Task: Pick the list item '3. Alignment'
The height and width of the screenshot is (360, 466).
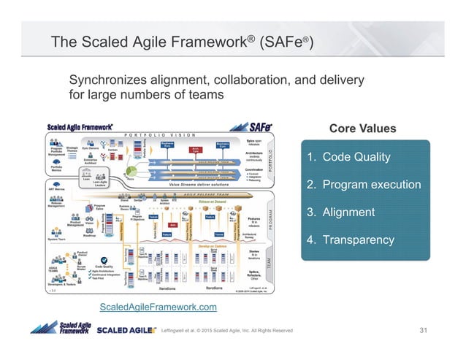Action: [x=340, y=212]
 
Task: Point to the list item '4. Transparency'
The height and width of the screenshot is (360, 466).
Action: [x=350, y=240]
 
